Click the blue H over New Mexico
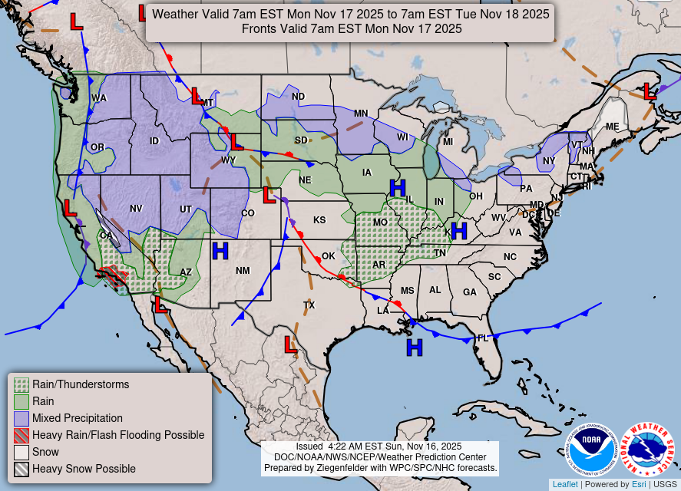[220, 251]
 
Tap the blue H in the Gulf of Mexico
[415, 348]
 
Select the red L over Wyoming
[236, 142]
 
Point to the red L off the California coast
[70, 208]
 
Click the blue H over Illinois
[398, 187]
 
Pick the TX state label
[309, 305]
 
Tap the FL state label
[483, 338]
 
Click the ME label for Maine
[612, 127]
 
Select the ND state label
[298, 97]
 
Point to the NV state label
[136, 208]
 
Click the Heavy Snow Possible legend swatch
[21, 469]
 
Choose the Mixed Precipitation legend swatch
[21, 418]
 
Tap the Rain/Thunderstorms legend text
[81, 384]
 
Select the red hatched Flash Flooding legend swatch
[21, 435]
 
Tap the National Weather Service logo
[647, 450]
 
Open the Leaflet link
[565, 484]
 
